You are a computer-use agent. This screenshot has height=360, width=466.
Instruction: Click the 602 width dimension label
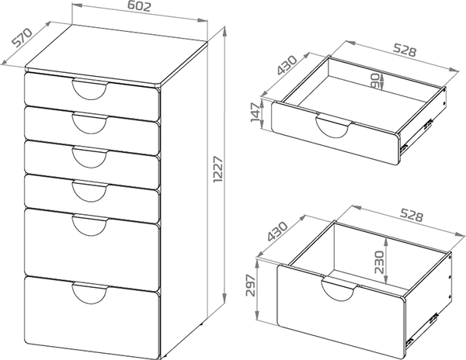point(139,6)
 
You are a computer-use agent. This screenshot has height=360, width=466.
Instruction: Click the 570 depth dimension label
point(22,37)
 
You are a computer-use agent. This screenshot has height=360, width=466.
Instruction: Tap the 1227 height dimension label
point(217,169)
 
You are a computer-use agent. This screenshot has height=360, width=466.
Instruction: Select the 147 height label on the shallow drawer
point(256,112)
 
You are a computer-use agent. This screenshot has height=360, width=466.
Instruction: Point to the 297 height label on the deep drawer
point(251,286)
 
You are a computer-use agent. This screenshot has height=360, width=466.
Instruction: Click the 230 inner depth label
point(379,261)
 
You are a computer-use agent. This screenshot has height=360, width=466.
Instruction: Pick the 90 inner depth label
point(376,81)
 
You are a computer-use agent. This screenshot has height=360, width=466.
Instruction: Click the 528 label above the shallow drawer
point(405,50)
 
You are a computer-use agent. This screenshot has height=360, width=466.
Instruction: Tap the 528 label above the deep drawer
point(412,216)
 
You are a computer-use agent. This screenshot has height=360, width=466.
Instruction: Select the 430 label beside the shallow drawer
point(287,65)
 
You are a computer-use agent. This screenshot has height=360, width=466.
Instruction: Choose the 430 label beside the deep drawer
point(277,231)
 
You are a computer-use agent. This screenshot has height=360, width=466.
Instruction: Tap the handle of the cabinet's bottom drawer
point(89,293)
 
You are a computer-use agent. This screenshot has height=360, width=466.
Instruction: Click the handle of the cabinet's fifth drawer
point(90,225)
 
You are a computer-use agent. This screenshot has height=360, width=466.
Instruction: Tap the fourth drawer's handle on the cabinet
point(89,191)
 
